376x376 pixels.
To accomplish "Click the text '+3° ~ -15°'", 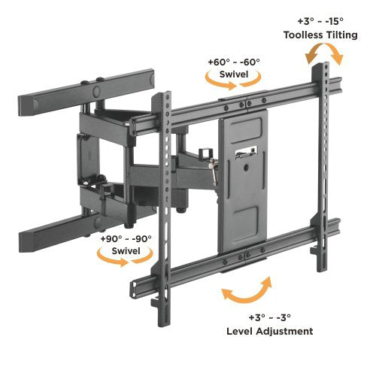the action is click(x=320, y=21).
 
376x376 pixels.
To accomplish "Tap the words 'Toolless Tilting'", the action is click(x=320, y=35).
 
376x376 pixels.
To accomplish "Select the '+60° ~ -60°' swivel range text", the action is click(x=234, y=62).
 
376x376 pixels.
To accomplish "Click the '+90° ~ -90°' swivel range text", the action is click(x=126, y=238).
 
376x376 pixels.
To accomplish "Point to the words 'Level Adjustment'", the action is click(x=270, y=331).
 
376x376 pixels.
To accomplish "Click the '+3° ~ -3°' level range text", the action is click(x=270, y=317).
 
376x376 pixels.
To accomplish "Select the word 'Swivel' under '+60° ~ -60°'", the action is click(x=234, y=74).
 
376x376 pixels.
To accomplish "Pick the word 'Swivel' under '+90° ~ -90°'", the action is click(x=126, y=251).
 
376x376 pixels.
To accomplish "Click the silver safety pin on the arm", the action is click(x=214, y=171).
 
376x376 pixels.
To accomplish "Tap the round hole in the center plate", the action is click(x=246, y=168).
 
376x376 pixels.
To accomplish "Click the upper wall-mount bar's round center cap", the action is click(x=96, y=91).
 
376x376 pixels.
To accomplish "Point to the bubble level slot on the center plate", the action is click(x=247, y=153).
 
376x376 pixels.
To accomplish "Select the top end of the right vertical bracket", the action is click(x=320, y=65).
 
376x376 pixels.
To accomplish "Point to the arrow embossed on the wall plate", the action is click(x=89, y=155).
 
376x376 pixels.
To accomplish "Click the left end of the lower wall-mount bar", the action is click(x=25, y=241).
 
